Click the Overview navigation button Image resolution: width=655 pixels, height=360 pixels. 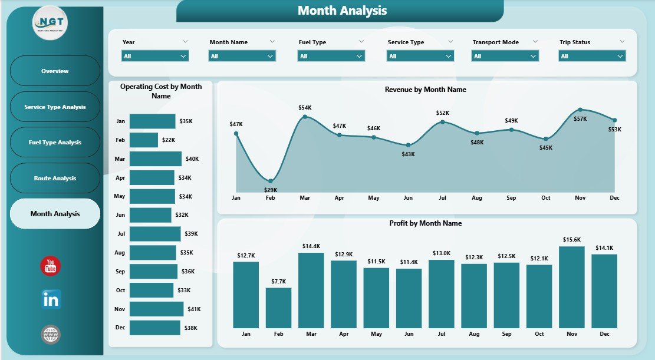click(55, 71)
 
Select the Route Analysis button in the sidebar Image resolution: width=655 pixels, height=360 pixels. click(55, 178)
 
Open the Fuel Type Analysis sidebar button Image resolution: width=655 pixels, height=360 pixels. click(55, 143)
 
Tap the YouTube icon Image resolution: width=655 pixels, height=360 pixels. click(51, 266)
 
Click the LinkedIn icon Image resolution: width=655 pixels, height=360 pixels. click(51, 299)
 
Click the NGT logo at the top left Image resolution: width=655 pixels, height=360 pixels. click(51, 23)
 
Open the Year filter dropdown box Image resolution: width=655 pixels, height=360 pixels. click(155, 56)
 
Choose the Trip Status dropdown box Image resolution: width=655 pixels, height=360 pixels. click(592, 56)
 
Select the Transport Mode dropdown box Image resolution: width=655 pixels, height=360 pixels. click(505, 56)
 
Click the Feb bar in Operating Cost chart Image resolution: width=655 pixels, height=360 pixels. click(144, 140)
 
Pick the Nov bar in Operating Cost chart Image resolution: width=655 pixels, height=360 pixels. click(156, 309)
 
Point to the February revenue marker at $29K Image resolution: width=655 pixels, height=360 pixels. click(271, 181)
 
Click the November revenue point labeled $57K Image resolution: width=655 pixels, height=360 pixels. click(580, 110)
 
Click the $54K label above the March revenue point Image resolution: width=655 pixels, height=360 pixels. click(305, 108)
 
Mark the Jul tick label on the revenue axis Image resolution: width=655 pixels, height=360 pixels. click(442, 198)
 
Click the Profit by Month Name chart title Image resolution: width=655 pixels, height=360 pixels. click(425, 223)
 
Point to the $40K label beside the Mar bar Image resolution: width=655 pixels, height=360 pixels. click(192, 158)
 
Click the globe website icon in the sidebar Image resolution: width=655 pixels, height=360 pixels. click(51, 335)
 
